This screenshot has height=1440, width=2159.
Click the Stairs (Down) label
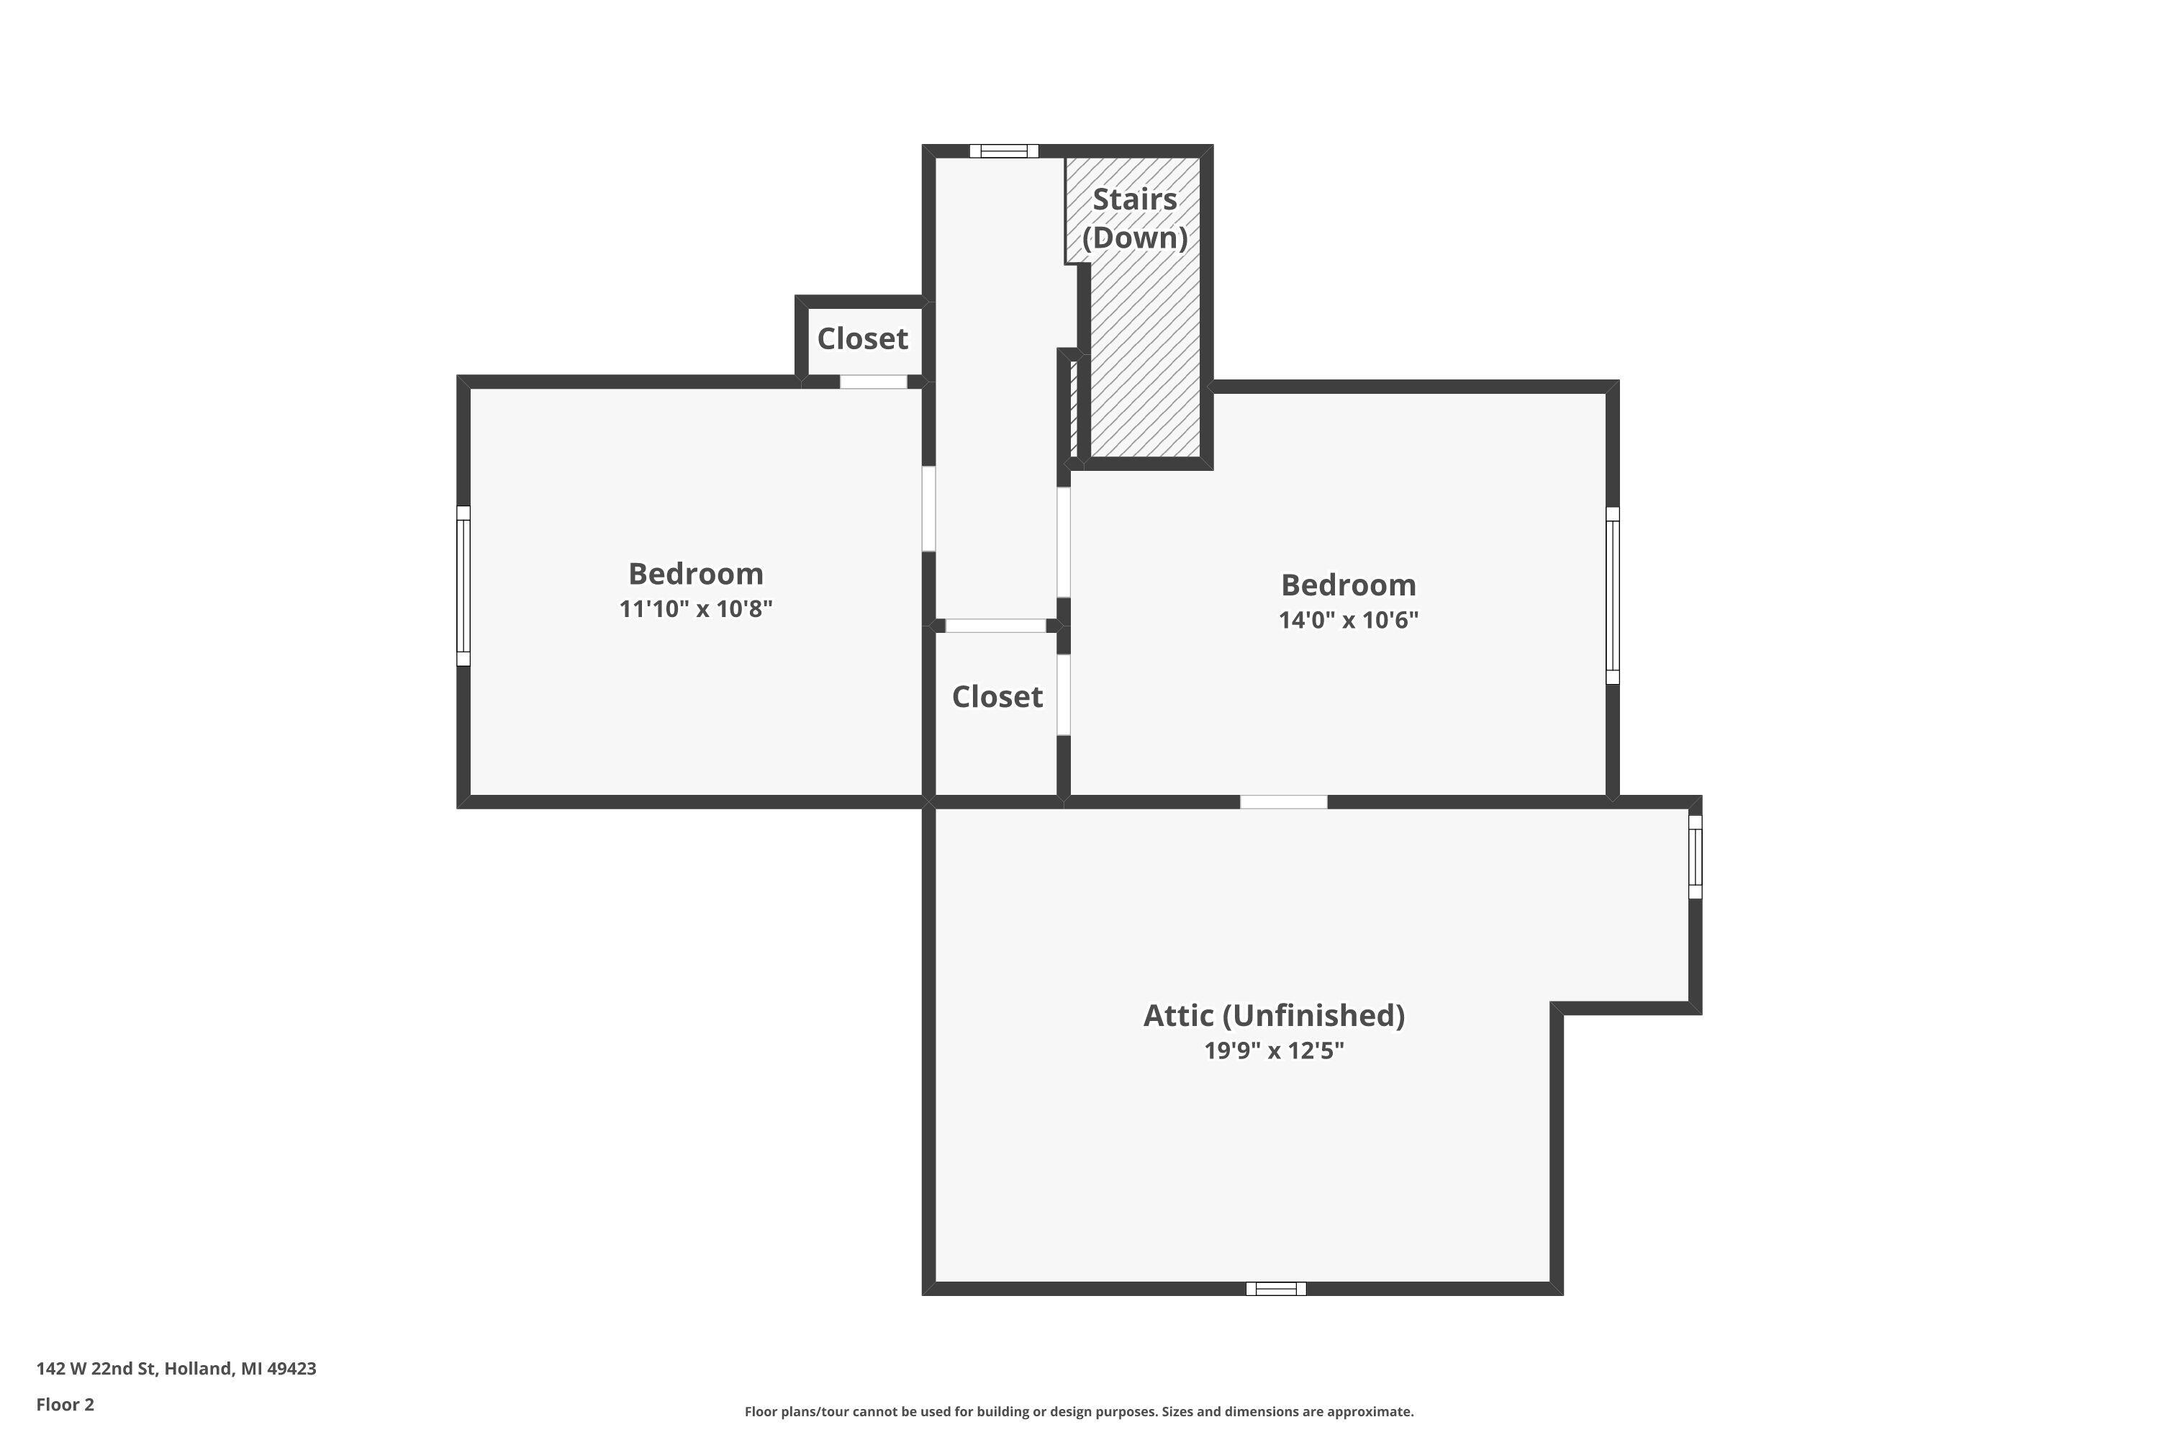click(x=1135, y=219)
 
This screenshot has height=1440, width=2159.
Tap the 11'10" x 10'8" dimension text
click(x=696, y=609)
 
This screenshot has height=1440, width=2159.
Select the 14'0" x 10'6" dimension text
click(x=1349, y=620)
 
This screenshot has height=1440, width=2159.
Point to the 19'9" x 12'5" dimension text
click(x=1274, y=1050)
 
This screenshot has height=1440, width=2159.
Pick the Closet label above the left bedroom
click(x=862, y=339)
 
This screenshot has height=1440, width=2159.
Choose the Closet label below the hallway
click(x=997, y=697)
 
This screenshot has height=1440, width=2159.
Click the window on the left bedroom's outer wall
click(x=463, y=586)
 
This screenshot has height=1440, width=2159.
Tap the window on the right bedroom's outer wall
click(x=1612, y=595)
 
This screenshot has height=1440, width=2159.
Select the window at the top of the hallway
click(x=1003, y=151)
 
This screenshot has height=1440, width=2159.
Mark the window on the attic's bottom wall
click(x=1276, y=1289)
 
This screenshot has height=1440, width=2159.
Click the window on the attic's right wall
click(x=1696, y=857)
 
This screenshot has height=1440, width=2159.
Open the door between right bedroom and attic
click(x=1283, y=803)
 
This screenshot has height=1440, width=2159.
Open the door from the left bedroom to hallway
click(x=929, y=509)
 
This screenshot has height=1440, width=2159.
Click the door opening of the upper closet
click(x=873, y=382)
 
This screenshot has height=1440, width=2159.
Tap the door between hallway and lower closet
click(x=996, y=626)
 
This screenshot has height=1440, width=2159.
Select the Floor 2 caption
click(x=65, y=1404)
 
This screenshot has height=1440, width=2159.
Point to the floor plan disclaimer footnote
click(x=1079, y=1411)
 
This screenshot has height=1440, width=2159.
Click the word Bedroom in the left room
click(x=696, y=574)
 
